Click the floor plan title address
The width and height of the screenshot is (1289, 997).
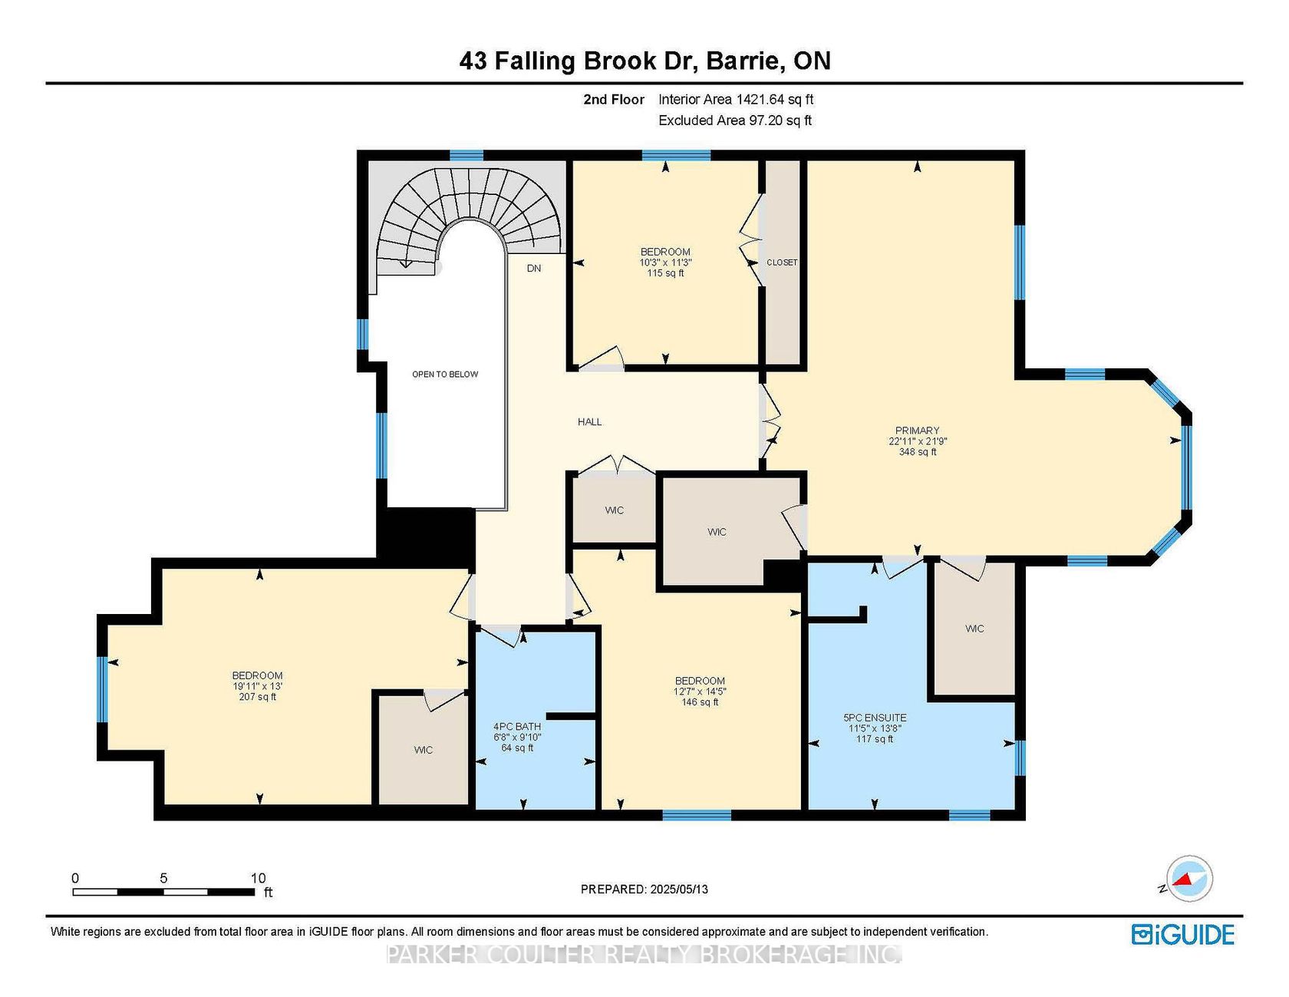644,61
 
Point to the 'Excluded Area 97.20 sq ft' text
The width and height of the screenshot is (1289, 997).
735,120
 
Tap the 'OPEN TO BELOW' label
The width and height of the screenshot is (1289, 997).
445,375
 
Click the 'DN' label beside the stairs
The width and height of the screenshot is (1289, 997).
534,268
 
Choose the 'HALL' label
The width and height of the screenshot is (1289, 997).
590,421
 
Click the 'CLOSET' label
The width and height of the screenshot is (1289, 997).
782,262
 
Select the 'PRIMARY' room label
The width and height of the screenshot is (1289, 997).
917,431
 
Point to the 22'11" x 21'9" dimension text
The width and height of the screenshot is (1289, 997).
918,441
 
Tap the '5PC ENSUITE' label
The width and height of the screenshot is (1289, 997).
875,718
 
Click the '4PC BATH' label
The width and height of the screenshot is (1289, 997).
517,726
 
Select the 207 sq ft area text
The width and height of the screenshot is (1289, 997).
258,697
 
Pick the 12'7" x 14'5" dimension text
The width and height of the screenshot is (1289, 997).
700,692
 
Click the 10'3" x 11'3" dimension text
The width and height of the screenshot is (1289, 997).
665,262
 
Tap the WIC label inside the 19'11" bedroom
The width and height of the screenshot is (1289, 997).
424,750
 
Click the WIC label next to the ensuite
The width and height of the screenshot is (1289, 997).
974,629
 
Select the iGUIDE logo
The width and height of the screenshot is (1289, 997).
1183,934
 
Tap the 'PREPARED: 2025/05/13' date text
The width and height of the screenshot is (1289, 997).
644,890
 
